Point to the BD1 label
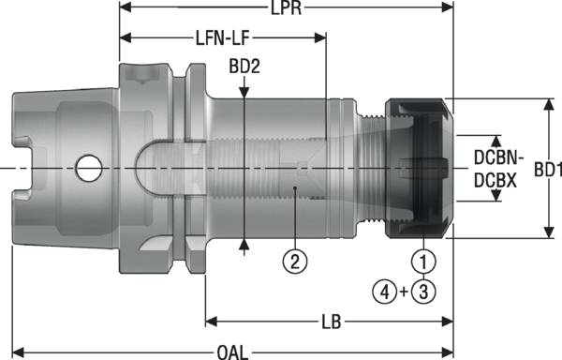click(546, 170)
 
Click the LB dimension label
click(329, 322)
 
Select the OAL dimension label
click(232, 352)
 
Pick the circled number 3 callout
click(424, 292)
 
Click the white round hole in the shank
click(90, 169)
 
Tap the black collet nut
click(419, 168)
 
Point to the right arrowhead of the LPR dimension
click(448, 9)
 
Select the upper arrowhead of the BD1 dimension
click(547, 104)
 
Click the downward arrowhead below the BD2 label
click(244, 91)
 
